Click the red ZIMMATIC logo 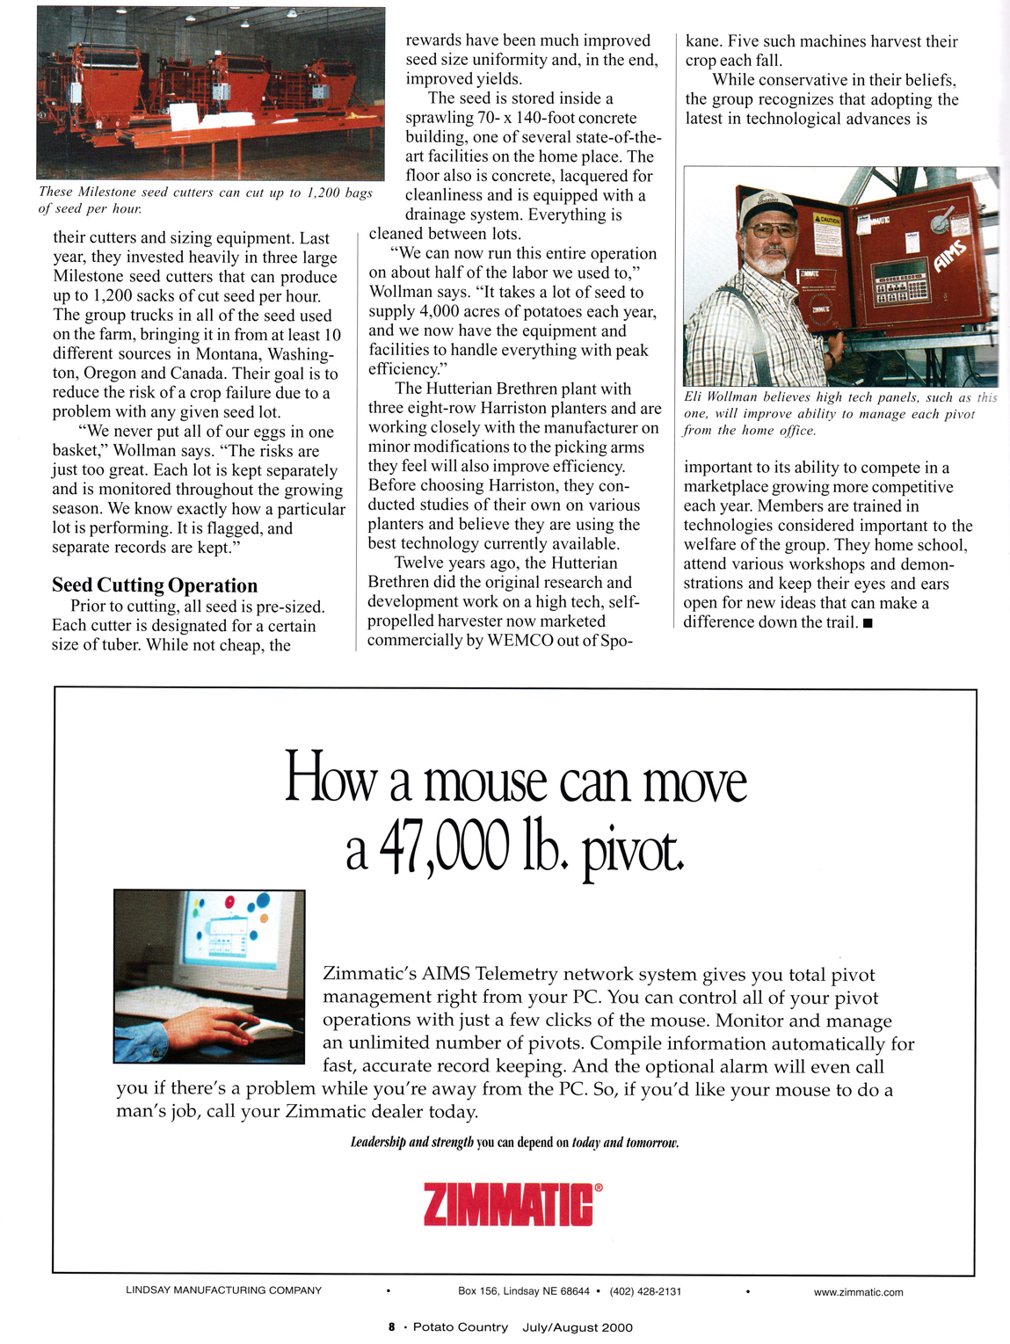[508, 1204]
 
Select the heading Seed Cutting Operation [155, 585]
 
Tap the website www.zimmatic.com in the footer [858, 1292]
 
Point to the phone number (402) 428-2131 [645, 1291]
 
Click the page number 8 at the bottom [391, 1327]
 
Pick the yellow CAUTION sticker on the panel [826, 219]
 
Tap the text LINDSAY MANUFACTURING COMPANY [223, 1290]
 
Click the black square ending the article [868, 623]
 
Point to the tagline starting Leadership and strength [514, 1143]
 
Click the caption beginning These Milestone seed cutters [206, 200]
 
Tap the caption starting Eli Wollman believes [840, 413]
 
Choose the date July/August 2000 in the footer [577, 1327]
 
